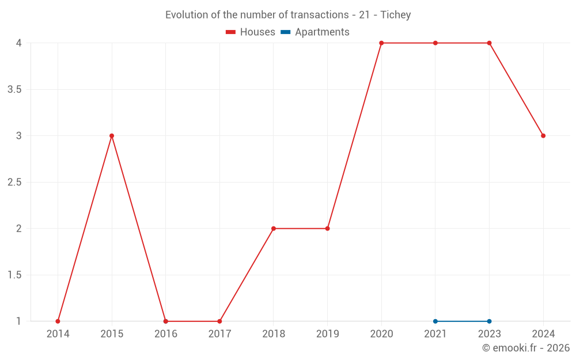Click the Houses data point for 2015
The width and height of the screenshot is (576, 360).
112,136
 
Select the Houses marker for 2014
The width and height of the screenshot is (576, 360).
58,321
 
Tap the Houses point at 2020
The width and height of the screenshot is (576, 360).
381,43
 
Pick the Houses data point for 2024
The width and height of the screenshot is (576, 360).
543,136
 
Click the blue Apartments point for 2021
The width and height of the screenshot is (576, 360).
435,321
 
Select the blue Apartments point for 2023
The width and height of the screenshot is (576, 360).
489,321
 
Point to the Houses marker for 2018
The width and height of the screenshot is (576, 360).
274,229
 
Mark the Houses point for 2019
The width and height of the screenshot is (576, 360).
327,229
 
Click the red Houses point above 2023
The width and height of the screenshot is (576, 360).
489,43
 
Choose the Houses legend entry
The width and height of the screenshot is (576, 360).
251,32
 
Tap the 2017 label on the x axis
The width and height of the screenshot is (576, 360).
219,334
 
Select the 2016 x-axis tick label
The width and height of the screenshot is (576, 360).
166,334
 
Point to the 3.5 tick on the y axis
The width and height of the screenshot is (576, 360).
14,89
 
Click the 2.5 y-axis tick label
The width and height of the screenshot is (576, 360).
14,183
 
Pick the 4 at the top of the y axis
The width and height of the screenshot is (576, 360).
19,43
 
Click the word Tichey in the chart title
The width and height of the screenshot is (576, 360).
396,15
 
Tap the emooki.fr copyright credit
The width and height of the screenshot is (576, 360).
526,348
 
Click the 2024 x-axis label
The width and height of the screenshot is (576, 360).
543,334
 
